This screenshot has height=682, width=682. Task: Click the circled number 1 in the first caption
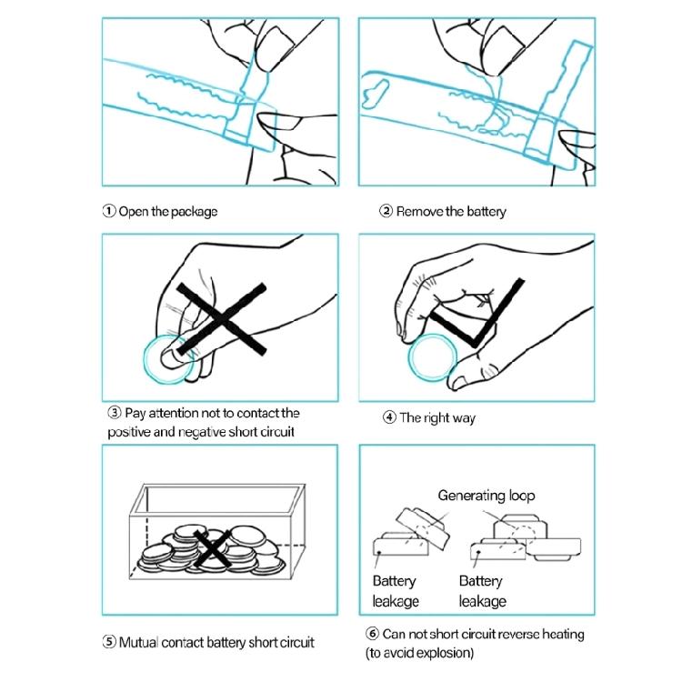(x=109, y=211)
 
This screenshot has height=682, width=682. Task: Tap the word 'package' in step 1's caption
(x=194, y=212)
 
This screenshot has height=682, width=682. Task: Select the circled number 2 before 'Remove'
(x=386, y=211)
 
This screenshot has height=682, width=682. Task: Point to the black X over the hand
(x=221, y=319)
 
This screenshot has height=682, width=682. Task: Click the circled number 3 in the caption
(x=114, y=412)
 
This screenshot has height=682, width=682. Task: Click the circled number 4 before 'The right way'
(x=389, y=417)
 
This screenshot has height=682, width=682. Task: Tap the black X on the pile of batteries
(x=211, y=548)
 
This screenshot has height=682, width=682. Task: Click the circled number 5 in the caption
(x=109, y=642)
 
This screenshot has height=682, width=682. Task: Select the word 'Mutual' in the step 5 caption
(x=138, y=642)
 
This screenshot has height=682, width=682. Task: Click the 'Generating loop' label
(x=486, y=496)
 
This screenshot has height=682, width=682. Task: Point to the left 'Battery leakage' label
(x=396, y=592)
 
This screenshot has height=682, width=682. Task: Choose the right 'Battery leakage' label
(x=482, y=592)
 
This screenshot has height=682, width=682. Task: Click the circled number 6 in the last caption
(x=372, y=634)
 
